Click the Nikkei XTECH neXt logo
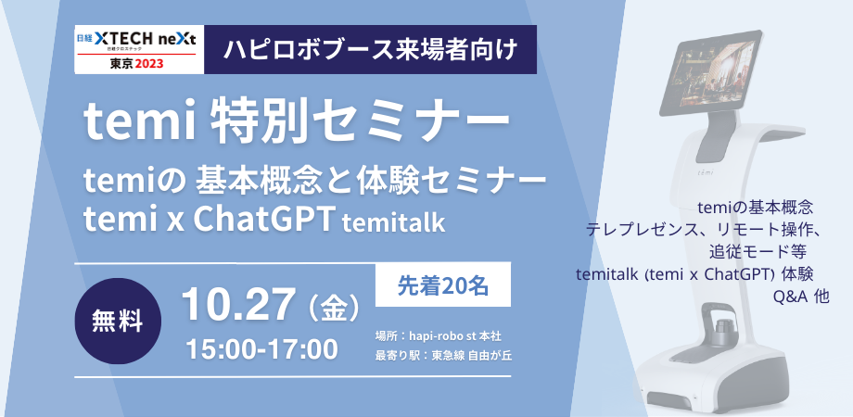pyautogui.click(x=139, y=49)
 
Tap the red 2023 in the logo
pyautogui.click(x=149, y=64)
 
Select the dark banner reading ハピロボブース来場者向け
pyautogui.click(x=371, y=49)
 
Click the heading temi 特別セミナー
pyautogui.click(x=297, y=124)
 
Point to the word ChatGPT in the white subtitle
pyautogui.click(x=263, y=219)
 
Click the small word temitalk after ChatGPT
pyautogui.click(x=393, y=222)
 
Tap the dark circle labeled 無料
pyautogui.click(x=118, y=321)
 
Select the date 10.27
pyautogui.click(x=239, y=305)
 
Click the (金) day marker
pyautogui.click(x=334, y=307)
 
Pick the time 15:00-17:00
pyautogui.click(x=261, y=349)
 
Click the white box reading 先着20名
pyautogui.click(x=443, y=284)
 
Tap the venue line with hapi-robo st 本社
pyautogui.click(x=438, y=336)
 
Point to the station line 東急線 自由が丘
pyautogui.click(x=443, y=356)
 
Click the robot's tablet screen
pyautogui.click(x=710, y=74)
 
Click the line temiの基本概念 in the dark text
pyautogui.click(x=755, y=207)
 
